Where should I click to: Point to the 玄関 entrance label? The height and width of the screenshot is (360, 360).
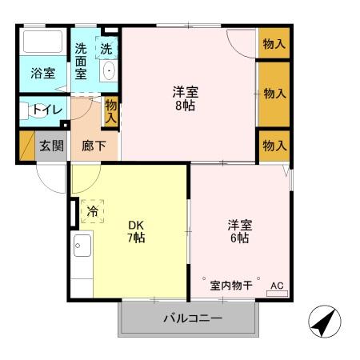click(51, 146)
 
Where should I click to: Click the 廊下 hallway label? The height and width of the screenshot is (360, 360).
click(94, 147)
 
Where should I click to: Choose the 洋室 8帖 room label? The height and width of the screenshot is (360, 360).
click(186, 98)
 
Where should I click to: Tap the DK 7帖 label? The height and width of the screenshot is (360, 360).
click(136, 230)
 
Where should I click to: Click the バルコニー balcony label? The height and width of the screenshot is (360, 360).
click(192, 318)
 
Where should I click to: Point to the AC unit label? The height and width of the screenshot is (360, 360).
click(277, 286)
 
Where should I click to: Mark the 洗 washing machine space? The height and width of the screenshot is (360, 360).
click(106, 49)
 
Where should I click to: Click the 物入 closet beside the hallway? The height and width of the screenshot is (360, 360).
click(110, 110)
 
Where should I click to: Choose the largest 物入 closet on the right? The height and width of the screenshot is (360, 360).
click(274, 94)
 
